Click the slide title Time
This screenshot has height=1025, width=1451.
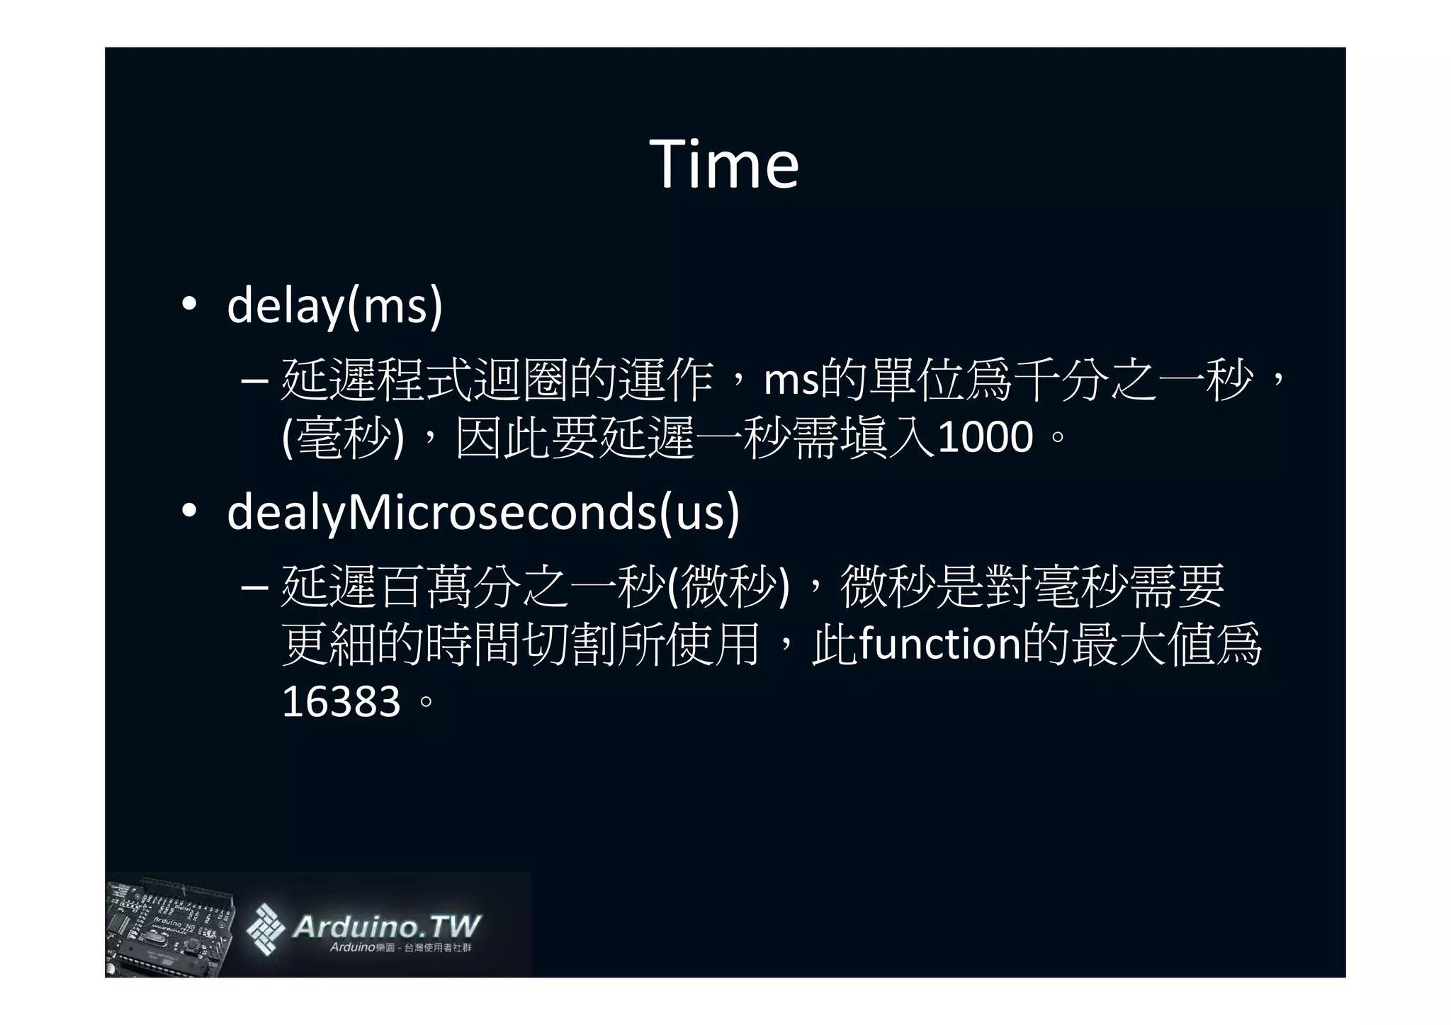[x=724, y=164]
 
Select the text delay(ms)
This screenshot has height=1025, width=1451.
[x=334, y=306]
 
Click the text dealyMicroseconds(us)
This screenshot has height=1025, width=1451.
[x=483, y=512]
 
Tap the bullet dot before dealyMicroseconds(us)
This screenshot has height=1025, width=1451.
[x=188, y=511]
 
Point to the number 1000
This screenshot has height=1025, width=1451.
[x=986, y=437]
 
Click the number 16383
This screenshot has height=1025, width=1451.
[x=341, y=702]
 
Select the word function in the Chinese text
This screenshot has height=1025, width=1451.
[x=939, y=643]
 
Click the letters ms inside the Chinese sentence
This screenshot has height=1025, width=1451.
[x=791, y=381]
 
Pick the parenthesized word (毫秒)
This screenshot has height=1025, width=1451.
[x=343, y=437]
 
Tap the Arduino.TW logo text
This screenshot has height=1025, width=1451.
[x=386, y=926]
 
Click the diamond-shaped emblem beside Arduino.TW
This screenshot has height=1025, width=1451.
[x=266, y=928]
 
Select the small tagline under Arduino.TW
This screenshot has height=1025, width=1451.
[x=400, y=948]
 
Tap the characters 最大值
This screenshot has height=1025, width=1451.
[x=1141, y=643]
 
